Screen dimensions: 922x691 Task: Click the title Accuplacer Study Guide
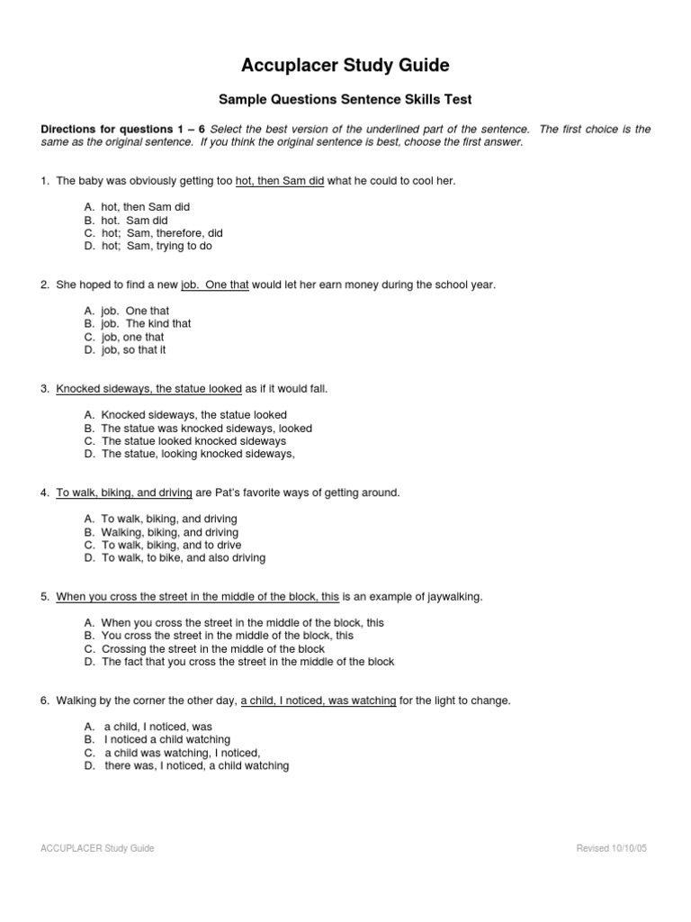(345, 66)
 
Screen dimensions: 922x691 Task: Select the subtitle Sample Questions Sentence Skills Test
(345, 99)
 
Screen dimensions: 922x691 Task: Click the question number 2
(44, 285)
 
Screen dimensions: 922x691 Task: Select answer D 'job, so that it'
(133, 349)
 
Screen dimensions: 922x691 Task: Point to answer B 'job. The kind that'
(146, 323)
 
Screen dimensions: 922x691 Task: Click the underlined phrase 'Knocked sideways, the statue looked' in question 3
(148, 389)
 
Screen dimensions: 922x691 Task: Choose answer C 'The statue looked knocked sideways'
(193, 441)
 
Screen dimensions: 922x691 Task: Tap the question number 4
(44, 493)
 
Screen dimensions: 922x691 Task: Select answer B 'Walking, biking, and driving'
(170, 532)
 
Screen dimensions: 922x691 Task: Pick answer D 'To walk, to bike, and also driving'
(184, 557)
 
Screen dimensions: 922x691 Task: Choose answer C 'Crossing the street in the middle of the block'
(213, 648)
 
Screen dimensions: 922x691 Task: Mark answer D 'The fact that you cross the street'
(247, 662)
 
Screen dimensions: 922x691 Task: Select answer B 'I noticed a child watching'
(167, 739)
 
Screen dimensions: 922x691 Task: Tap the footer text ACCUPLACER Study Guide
(98, 848)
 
